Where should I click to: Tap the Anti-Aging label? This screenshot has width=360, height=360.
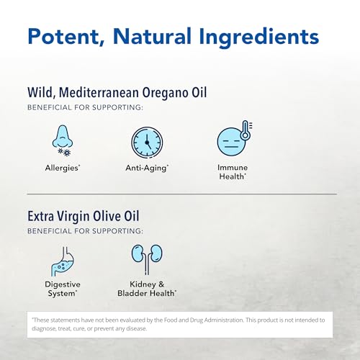pyautogui.click(x=146, y=168)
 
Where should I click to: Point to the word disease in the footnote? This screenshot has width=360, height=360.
pyautogui.click(x=135, y=328)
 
